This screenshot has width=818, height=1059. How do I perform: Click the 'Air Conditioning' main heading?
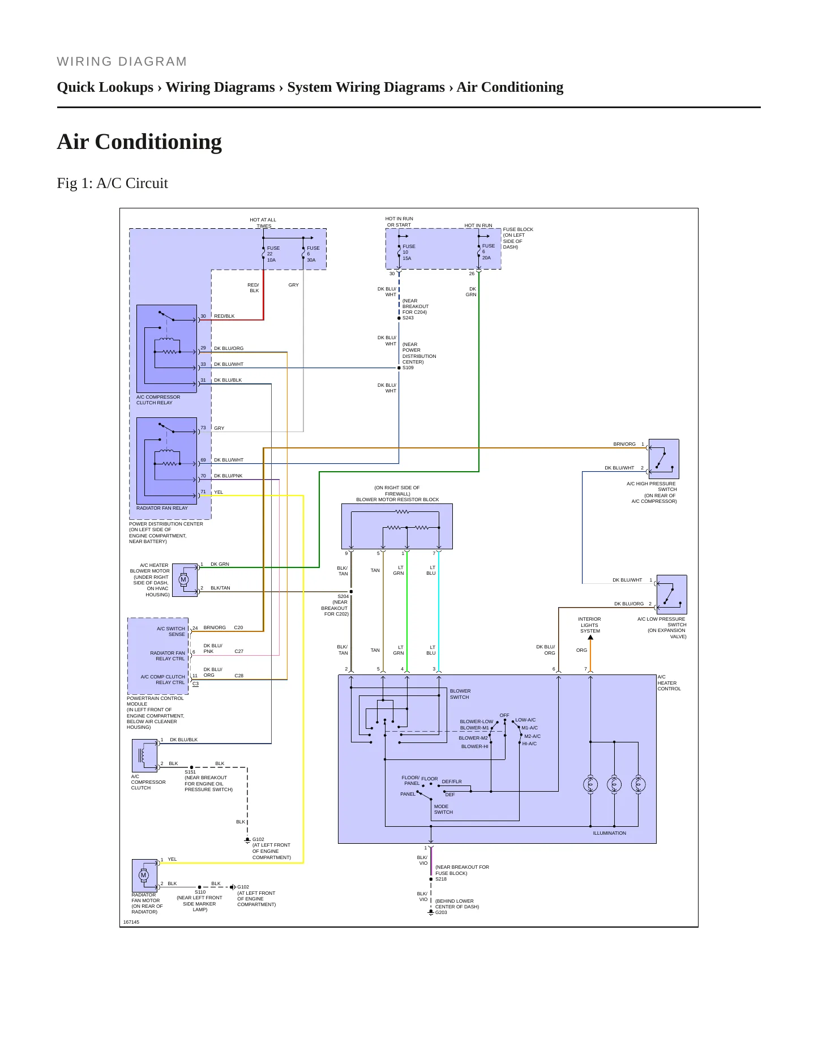click(x=139, y=142)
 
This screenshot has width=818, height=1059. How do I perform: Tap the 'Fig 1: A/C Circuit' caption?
click(x=113, y=183)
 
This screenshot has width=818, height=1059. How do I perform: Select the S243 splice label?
click(x=408, y=318)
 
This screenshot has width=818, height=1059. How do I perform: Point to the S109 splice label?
click(x=408, y=368)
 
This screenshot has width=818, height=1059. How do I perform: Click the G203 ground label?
click(x=441, y=912)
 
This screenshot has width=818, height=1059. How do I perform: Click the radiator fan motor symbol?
click(x=144, y=876)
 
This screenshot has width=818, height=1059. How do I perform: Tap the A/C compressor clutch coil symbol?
click(x=144, y=755)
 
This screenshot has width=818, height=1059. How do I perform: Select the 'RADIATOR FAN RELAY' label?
click(x=162, y=508)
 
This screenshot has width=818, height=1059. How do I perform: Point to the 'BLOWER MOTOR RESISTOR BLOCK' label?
click(x=397, y=499)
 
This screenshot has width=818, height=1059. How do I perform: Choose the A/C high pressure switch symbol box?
click(x=663, y=459)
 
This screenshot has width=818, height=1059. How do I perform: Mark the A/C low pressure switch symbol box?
click(x=671, y=595)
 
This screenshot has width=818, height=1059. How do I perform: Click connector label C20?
click(x=238, y=627)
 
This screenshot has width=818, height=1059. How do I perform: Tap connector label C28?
click(x=239, y=676)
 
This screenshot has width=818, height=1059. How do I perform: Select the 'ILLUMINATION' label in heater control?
click(x=609, y=833)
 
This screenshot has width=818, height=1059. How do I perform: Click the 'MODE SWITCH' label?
click(x=443, y=809)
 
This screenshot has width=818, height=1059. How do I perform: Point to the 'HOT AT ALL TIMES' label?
click(x=263, y=223)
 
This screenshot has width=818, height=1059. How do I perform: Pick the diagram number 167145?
click(x=131, y=922)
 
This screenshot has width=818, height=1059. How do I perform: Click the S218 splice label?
click(x=441, y=879)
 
